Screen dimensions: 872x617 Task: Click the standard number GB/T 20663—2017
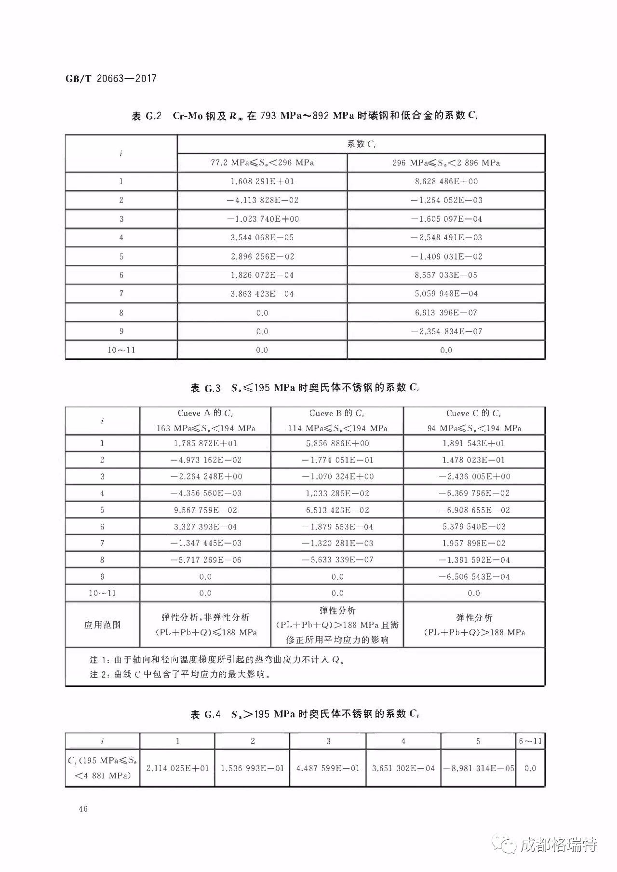(111, 79)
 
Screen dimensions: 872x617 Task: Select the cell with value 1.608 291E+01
(262, 182)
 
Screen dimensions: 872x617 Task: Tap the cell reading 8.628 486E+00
(446, 182)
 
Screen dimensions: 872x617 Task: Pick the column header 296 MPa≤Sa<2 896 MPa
(446, 163)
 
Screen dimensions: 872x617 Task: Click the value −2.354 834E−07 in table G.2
(446, 331)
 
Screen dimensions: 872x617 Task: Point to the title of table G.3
(305, 388)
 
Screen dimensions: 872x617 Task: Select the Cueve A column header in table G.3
(205, 421)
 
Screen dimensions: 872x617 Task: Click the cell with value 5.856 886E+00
(337, 443)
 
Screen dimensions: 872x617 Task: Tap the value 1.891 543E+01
(474, 443)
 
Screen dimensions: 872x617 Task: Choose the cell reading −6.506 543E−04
(474, 577)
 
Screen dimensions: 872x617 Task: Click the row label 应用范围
(102, 625)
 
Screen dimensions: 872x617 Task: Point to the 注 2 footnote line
(179, 674)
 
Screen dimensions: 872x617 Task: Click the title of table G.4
(305, 714)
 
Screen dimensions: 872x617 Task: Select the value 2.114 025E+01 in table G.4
(177, 768)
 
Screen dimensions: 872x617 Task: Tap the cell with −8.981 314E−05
(478, 768)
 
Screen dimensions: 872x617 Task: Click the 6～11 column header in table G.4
(530, 741)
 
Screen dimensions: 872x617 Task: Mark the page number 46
(83, 809)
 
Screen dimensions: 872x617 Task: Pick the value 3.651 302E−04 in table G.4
(403, 768)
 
